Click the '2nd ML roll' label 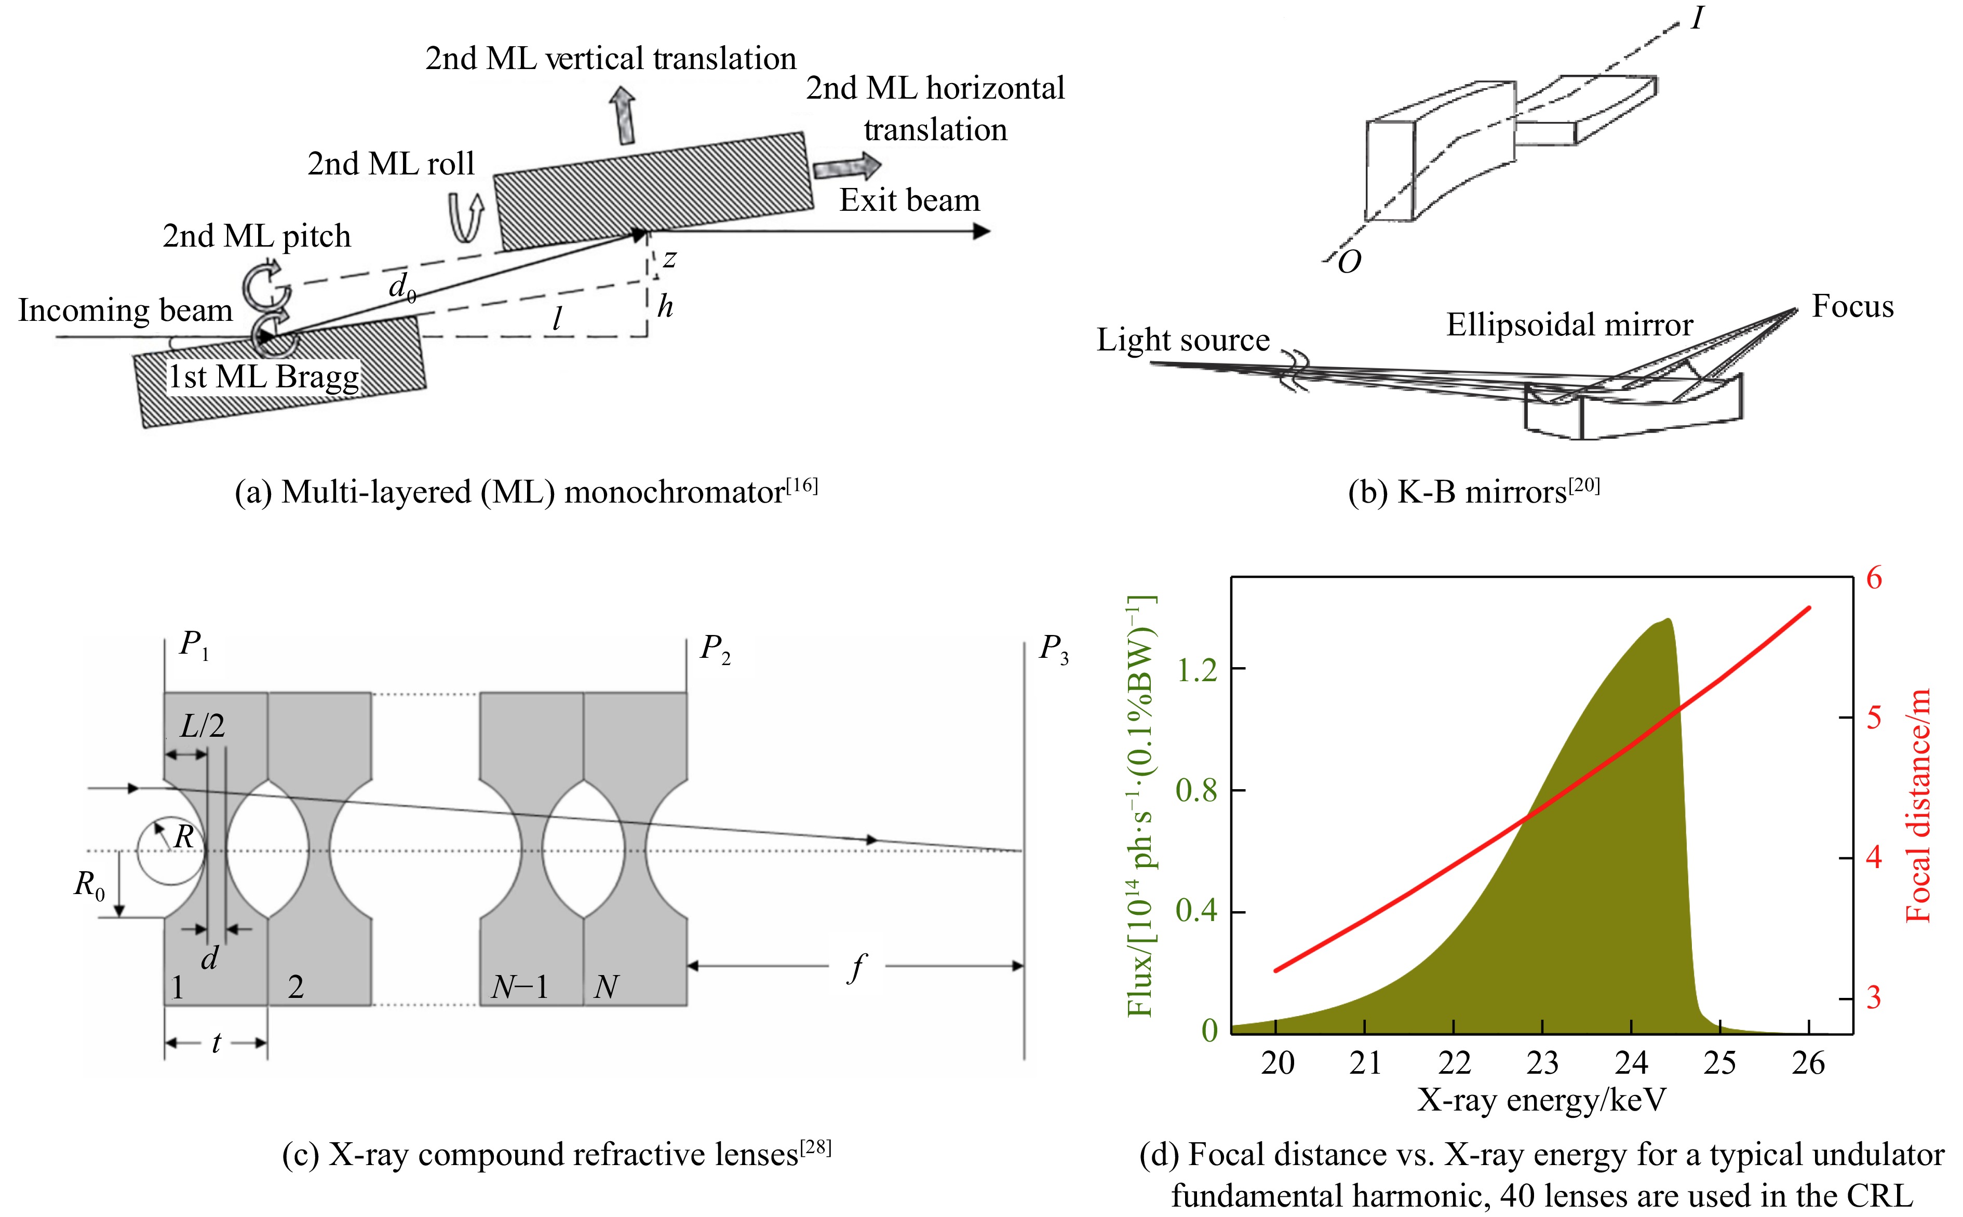(x=391, y=164)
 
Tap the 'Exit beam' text (x=909, y=200)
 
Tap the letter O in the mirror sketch (x=1349, y=262)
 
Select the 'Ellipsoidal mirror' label (x=1569, y=325)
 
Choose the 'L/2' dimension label (x=202, y=727)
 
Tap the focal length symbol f (x=858, y=967)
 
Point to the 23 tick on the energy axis (x=1542, y=1063)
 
